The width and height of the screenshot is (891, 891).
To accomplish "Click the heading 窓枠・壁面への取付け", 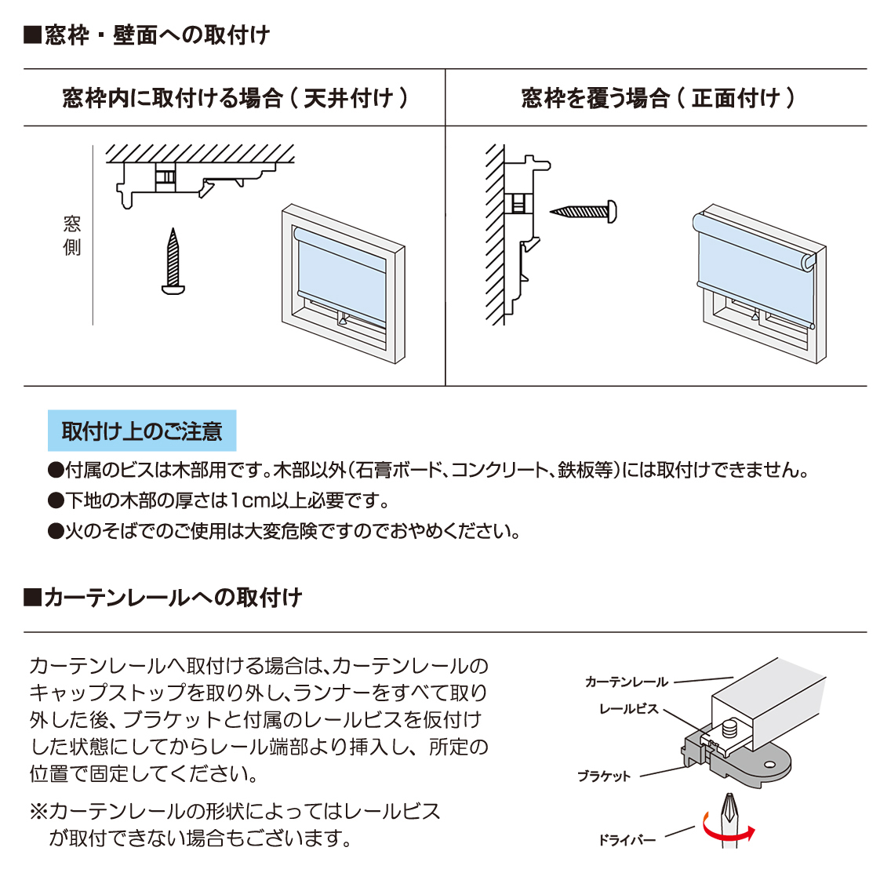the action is [147, 35].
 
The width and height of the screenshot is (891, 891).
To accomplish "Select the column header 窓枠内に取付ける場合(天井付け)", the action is [235, 98].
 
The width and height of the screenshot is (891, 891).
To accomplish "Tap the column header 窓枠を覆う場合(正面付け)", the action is [657, 98].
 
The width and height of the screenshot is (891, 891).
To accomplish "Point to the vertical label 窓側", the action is [72, 235].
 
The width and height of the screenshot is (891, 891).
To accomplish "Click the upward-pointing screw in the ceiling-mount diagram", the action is [173, 261].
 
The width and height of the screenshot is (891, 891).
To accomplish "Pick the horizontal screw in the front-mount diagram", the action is [583, 212].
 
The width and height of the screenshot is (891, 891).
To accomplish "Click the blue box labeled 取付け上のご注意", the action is [142, 430].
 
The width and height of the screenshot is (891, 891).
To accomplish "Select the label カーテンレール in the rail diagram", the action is [626, 682].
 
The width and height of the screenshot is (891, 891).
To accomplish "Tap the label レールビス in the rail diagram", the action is [628, 708].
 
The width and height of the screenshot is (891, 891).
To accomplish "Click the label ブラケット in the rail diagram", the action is [604, 776].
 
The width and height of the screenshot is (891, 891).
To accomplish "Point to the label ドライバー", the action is [627, 840].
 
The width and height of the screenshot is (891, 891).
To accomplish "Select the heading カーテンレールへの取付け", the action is [162, 597].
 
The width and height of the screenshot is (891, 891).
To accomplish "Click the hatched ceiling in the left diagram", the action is [200, 154].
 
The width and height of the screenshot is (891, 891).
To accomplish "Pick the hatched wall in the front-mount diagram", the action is [495, 235].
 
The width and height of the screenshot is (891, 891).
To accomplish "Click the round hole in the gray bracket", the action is [770, 764].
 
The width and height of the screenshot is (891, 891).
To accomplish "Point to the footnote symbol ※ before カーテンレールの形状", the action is [38, 811].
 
